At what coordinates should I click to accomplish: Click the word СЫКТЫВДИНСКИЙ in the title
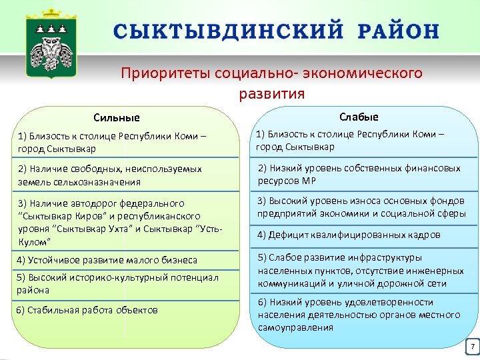[225, 31]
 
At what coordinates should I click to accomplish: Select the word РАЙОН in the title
[398, 31]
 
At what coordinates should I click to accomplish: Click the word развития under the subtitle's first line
[271, 93]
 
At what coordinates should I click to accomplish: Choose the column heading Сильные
[117, 117]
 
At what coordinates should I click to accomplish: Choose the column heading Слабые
[359, 117]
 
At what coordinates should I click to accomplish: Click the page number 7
[471, 347]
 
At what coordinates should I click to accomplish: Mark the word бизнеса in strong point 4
[179, 260]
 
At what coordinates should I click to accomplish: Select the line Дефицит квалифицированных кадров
[349, 235]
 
